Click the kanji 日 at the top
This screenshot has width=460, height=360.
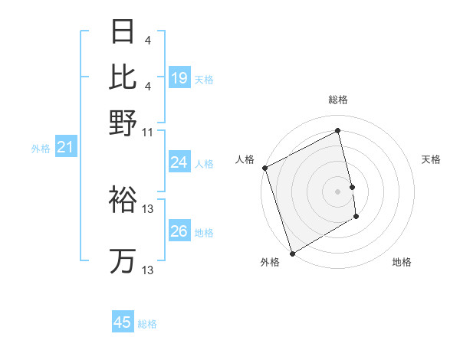(x=123, y=33)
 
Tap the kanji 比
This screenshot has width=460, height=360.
(x=123, y=77)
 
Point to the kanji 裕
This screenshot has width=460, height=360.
(x=123, y=199)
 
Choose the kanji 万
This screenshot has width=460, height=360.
(x=123, y=260)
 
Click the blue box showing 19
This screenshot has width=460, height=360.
(x=179, y=77)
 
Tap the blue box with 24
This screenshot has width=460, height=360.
(x=179, y=162)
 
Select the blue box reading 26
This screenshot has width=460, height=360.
(x=179, y=231)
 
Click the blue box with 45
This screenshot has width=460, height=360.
(x=123, y=322)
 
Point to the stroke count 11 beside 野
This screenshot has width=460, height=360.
(x=148, y=132)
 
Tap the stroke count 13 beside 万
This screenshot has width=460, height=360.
(x=148, y=270)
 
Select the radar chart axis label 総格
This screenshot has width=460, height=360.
(x=337, y=100)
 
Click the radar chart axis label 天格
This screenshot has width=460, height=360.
(x=432, y=159)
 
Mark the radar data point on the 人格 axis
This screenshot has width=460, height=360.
(x=264, y=168)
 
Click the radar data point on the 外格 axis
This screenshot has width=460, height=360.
(x=292, y=254)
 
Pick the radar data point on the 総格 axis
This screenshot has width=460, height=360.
(x=337, y=131)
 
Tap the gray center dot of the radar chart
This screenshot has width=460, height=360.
(x=337, y=191)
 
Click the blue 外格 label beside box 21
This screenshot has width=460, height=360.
(x=41, y=149)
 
